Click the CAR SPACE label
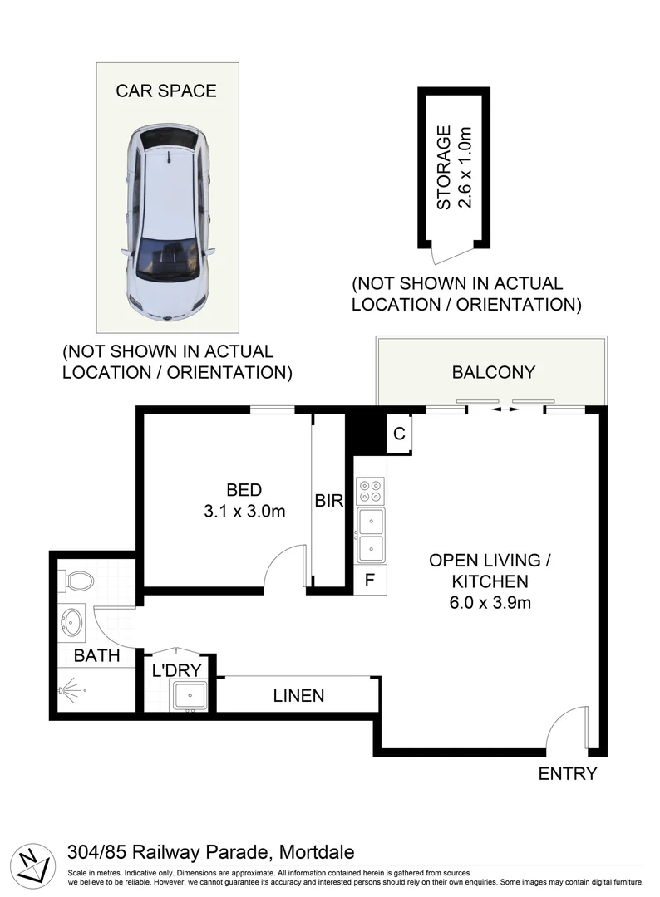coord(166,91)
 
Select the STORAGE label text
coord(444,168)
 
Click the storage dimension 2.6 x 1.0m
coord(465,168)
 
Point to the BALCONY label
coord(494,372)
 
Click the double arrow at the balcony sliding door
coord(505,409)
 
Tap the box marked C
coord(399,434)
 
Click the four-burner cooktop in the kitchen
coord(370,492)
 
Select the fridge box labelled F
coord(370,580)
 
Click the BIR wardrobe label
coord(329,501)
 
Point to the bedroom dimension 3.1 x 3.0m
coord(244,512)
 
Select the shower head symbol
coord(70,690)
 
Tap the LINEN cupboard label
coord(298,696)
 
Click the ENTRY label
coord(568,774)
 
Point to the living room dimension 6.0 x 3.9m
coord(490,603)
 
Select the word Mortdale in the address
coord(317,853)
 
